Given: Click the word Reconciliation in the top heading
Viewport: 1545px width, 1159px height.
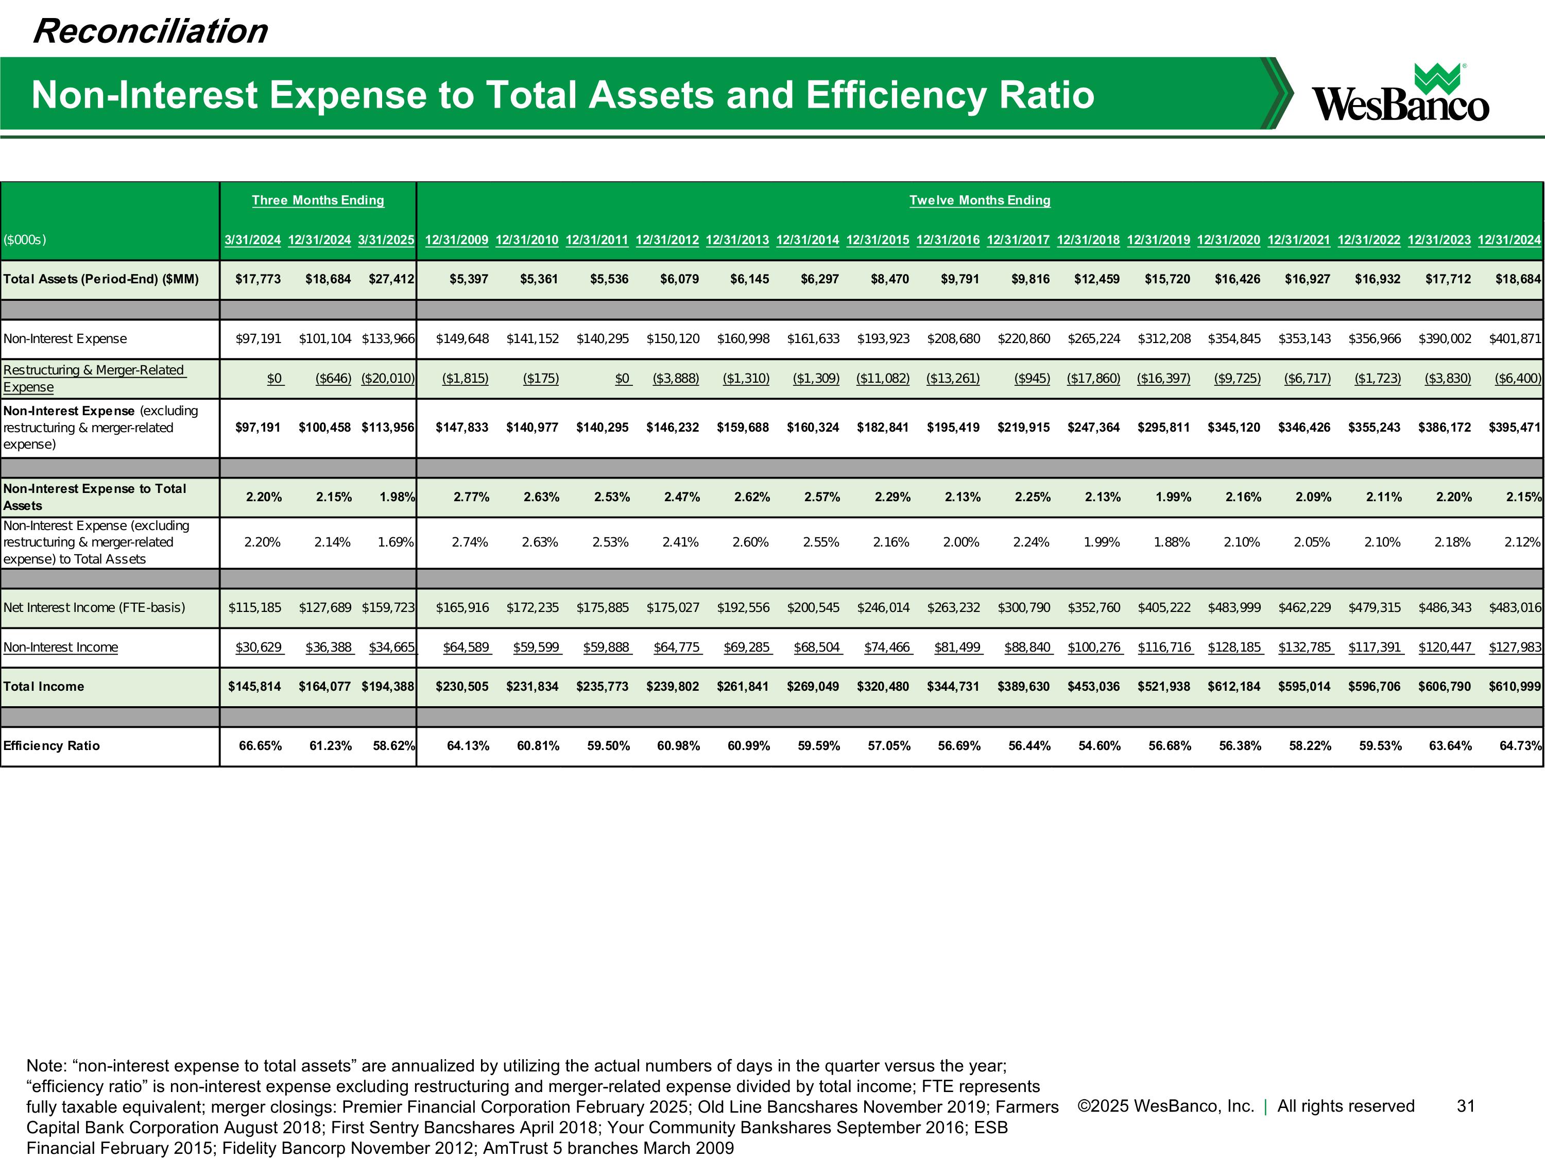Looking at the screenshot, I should [x=150, y=31].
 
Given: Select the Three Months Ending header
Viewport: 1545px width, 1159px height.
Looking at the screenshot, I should [x=318, y=200].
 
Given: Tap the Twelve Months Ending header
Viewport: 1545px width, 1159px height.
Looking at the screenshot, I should [x=979, y=200].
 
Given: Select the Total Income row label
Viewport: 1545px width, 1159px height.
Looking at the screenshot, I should [x=43, y=687].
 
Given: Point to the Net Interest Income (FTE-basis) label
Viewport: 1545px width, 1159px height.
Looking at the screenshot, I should [x=94, y=608].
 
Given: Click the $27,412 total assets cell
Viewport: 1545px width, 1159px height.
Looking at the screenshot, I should [x=391, y=279].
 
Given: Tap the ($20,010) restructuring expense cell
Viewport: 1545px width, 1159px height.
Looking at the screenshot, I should [x=388, y=379].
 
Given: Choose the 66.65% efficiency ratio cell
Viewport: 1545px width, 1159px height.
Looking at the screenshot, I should [x=260, y=746].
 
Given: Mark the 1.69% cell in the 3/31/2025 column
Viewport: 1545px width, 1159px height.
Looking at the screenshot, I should [x=396, y=542].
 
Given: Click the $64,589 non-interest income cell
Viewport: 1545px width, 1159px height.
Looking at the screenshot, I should [x=466, y=647].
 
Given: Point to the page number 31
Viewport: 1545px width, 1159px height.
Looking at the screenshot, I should [x=1465, y=1106].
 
